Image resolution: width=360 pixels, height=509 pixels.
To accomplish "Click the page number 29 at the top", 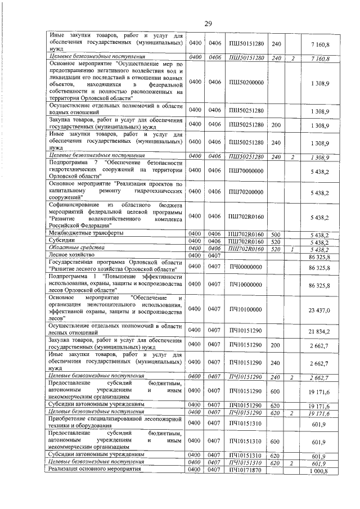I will point(208,24).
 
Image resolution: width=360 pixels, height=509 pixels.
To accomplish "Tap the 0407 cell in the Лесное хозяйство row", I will point(214,256).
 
